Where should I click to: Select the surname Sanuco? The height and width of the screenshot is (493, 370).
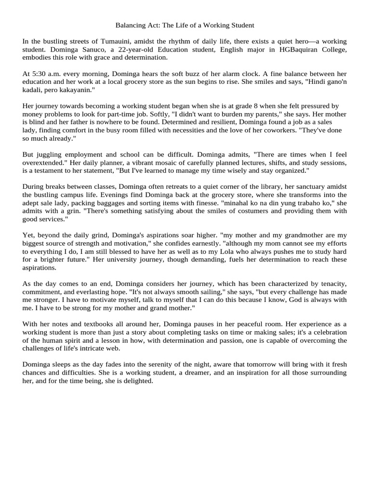pos(88,50)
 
